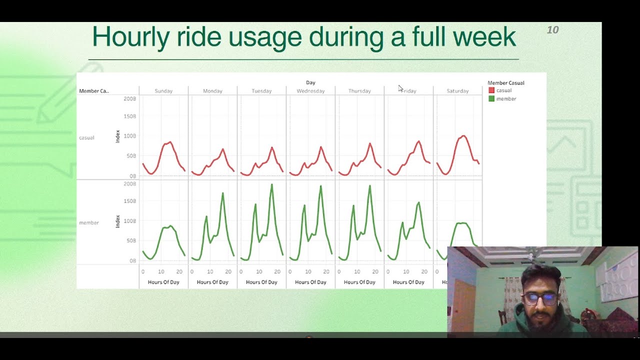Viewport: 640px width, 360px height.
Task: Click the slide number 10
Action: pyautogui.click(x=552, y=30)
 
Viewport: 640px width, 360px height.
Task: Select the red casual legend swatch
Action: pyautogui.click(x=491, y=90)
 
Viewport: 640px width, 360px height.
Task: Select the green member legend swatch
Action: pyautogui.click(x=491, y=99)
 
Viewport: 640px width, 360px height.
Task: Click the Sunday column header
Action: pyautogui.click(x=163, y=91)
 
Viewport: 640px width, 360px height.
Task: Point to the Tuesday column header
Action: pyautogui.click(x=261, y=91)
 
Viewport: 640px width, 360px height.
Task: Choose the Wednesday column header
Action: pyautogui.click(x=310, y=91)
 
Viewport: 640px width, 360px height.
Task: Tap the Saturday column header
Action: pyautogui.click(x=457, y=91)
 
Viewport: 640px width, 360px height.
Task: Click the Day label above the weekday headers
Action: pyautogui.click(x=310, y=82)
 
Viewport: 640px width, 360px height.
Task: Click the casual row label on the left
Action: pyautogui.click(x=86, y=137)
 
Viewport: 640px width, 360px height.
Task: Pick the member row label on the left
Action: pyautogui.click(x=89, y=222)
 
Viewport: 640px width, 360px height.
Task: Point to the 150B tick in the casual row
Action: pyautogui.click(x=129, y=116)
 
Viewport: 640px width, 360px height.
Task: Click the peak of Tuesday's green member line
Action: pyautogui.click(x=272, y=184)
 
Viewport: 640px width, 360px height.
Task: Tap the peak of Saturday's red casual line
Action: pyautogui.click(x=463, y=135)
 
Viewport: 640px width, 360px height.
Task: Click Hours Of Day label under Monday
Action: pyautogui.click(x=212, y=282)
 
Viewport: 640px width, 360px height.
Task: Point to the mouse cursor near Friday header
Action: pyautogui.click(x=400, y=88)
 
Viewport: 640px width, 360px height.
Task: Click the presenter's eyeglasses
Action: pyautogui.click(x=540, y=299)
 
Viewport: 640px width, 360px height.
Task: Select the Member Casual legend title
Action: pyautogui.click(x=505, y=83)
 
